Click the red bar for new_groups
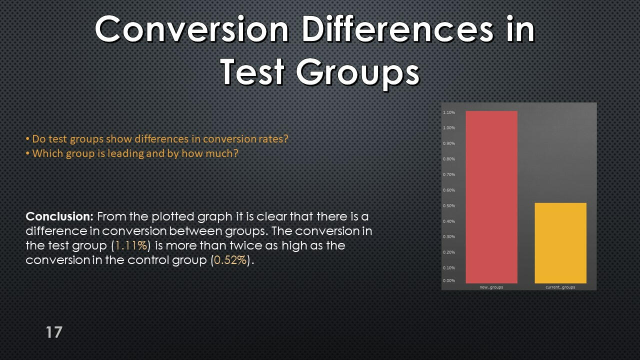click(491, 197)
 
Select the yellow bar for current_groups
click(560, 243)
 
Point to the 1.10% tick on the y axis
click(449, 112)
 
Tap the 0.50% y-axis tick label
click(449, 205)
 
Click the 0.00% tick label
click(449, 280)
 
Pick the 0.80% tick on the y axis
click(449, 159)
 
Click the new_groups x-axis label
click(491, 287)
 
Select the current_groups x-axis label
click(560, 287)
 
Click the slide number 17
click(54, 332)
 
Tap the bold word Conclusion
click(59, 216)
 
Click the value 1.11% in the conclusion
click(131, 245)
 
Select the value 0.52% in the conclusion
click(230, 260)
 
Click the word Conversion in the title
click(192, 29)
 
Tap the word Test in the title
click(252, 71)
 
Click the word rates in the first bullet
click(273, 139)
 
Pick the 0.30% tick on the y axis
click(449, 236)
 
